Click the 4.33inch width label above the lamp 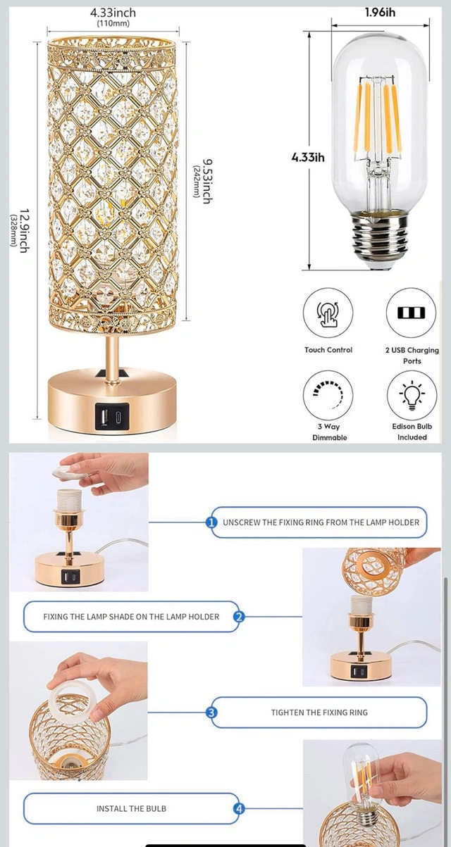pos(113,13)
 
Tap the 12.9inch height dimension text pos(24,230)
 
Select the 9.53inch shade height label pos(207,182)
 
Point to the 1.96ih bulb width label pos(380,13)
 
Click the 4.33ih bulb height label pos(308,157)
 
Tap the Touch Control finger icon pos(328,313)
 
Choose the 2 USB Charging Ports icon pos(411,313)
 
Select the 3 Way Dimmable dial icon pos(328,395)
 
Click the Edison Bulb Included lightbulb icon pos(412,395)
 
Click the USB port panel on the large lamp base pos(112,416)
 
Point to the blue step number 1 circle pos(211,522)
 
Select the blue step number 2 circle pos(238,617)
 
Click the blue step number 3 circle pos(211,713)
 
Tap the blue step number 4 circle pos(239,809)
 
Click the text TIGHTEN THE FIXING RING pos(319,713)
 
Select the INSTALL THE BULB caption pos(131,809)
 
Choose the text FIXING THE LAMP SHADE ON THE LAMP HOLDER pos(131,617)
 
